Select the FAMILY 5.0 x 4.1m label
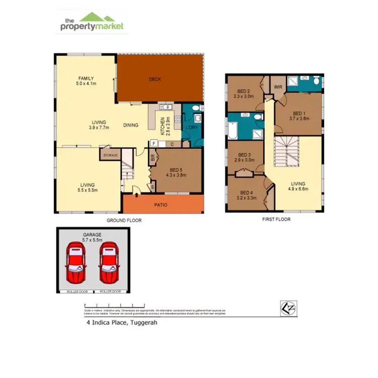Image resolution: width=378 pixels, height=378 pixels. (86, 81)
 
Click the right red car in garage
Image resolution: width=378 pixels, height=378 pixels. (108, 263)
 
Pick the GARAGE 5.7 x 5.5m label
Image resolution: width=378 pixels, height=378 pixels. (92, 238)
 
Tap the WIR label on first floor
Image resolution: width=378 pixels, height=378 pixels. (278, 87)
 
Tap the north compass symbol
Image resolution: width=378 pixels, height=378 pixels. (287, 307)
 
